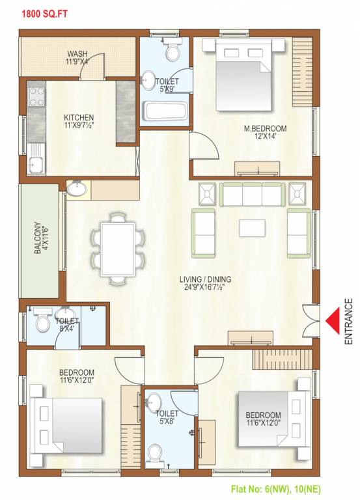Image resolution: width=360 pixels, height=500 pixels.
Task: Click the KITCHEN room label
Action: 79,122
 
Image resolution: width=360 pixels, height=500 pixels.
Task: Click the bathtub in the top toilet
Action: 166,111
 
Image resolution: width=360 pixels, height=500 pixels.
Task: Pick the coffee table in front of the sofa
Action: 252,227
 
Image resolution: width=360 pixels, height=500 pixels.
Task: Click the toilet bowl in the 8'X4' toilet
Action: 43,322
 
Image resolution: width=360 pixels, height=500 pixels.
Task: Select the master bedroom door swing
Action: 207,145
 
